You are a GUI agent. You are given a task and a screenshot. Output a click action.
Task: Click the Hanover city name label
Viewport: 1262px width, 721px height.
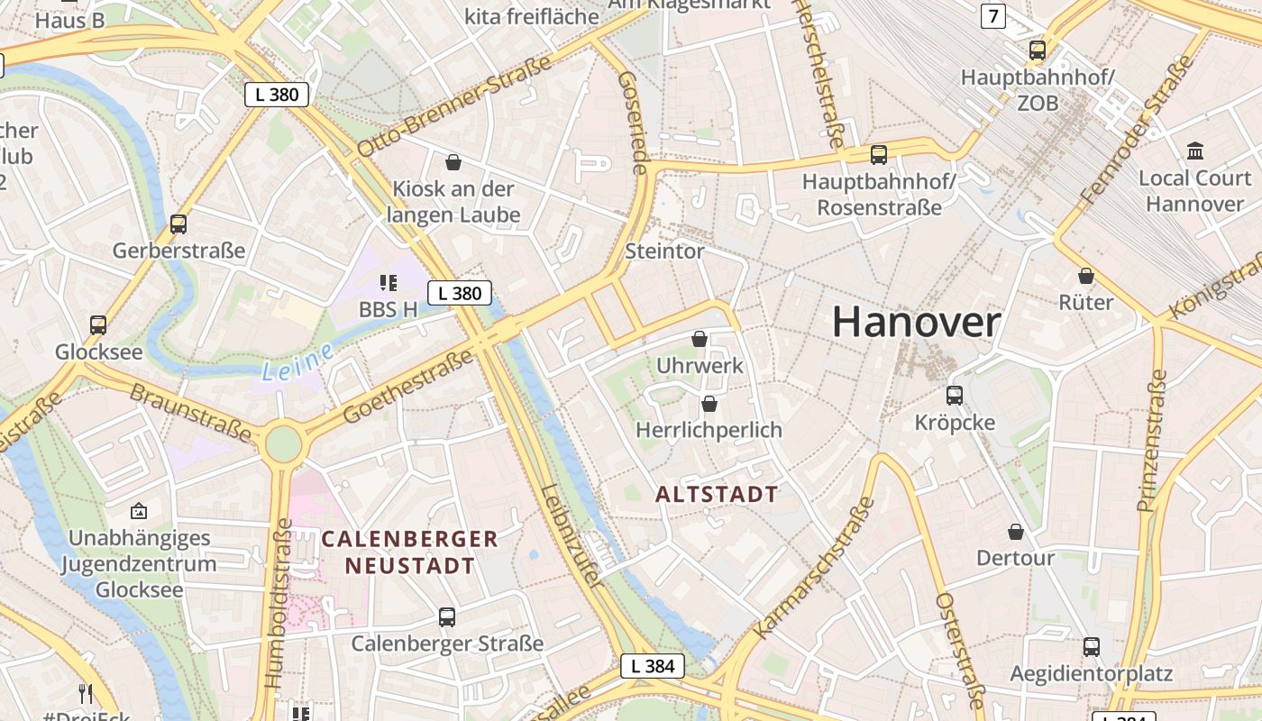pos(916,322)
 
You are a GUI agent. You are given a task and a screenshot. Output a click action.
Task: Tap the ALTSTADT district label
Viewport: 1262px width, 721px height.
pos(717,494)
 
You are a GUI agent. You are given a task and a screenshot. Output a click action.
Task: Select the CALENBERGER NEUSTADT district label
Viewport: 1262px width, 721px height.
pos(410,552)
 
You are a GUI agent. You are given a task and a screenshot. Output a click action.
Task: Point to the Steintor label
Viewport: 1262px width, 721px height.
pos(664,251)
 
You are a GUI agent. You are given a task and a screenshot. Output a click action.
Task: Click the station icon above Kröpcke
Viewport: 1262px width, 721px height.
pos(955,395)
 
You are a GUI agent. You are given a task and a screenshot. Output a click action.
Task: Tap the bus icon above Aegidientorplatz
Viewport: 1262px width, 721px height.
pos(1092,646)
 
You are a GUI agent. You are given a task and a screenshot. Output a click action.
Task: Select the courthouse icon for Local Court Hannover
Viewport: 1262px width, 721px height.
pos(1195,151)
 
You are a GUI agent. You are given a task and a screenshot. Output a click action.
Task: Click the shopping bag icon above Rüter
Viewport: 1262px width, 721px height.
pos(1086,275)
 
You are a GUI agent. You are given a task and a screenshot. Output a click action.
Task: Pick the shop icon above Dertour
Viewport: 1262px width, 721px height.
pos(1016,532)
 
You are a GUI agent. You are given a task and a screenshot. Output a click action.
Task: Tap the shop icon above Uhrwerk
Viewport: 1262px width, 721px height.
pos(700,339)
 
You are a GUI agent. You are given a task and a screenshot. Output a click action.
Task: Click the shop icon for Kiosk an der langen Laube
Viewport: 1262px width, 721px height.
pos(453,162)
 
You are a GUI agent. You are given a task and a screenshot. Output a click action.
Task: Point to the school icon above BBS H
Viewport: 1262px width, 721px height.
pos(389,283)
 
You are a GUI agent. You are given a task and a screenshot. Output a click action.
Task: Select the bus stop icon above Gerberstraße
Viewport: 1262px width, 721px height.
pos(178,224)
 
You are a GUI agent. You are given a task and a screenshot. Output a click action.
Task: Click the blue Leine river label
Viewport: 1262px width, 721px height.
pos(298,360)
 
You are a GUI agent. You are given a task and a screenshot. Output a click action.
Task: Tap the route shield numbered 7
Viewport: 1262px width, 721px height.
pos(992,15)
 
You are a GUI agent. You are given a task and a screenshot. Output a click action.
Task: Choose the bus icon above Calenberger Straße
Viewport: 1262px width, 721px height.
pos(447,617)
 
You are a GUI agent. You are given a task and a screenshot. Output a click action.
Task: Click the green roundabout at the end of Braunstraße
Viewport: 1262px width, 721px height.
pos(283,443)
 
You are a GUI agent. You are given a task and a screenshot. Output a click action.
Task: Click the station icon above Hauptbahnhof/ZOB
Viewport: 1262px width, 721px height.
pos(1038,50)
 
